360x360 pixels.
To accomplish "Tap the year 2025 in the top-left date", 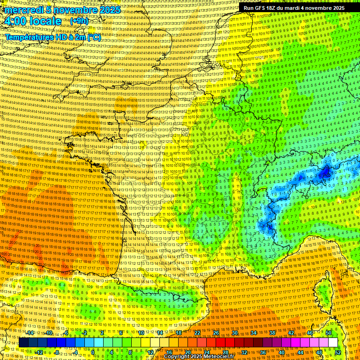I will coord(110,10).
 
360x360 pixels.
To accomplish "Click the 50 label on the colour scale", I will coord(329,333).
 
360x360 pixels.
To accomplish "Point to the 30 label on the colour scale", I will coord(235,333).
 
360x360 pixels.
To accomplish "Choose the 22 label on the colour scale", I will coord(197,333).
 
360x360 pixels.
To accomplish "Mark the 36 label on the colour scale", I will coord(263,352).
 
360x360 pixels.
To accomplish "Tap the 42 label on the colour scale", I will coord(291,333).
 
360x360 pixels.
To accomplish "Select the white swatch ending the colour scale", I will coord(333,343).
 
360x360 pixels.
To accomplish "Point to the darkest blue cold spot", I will coord(325,173).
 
